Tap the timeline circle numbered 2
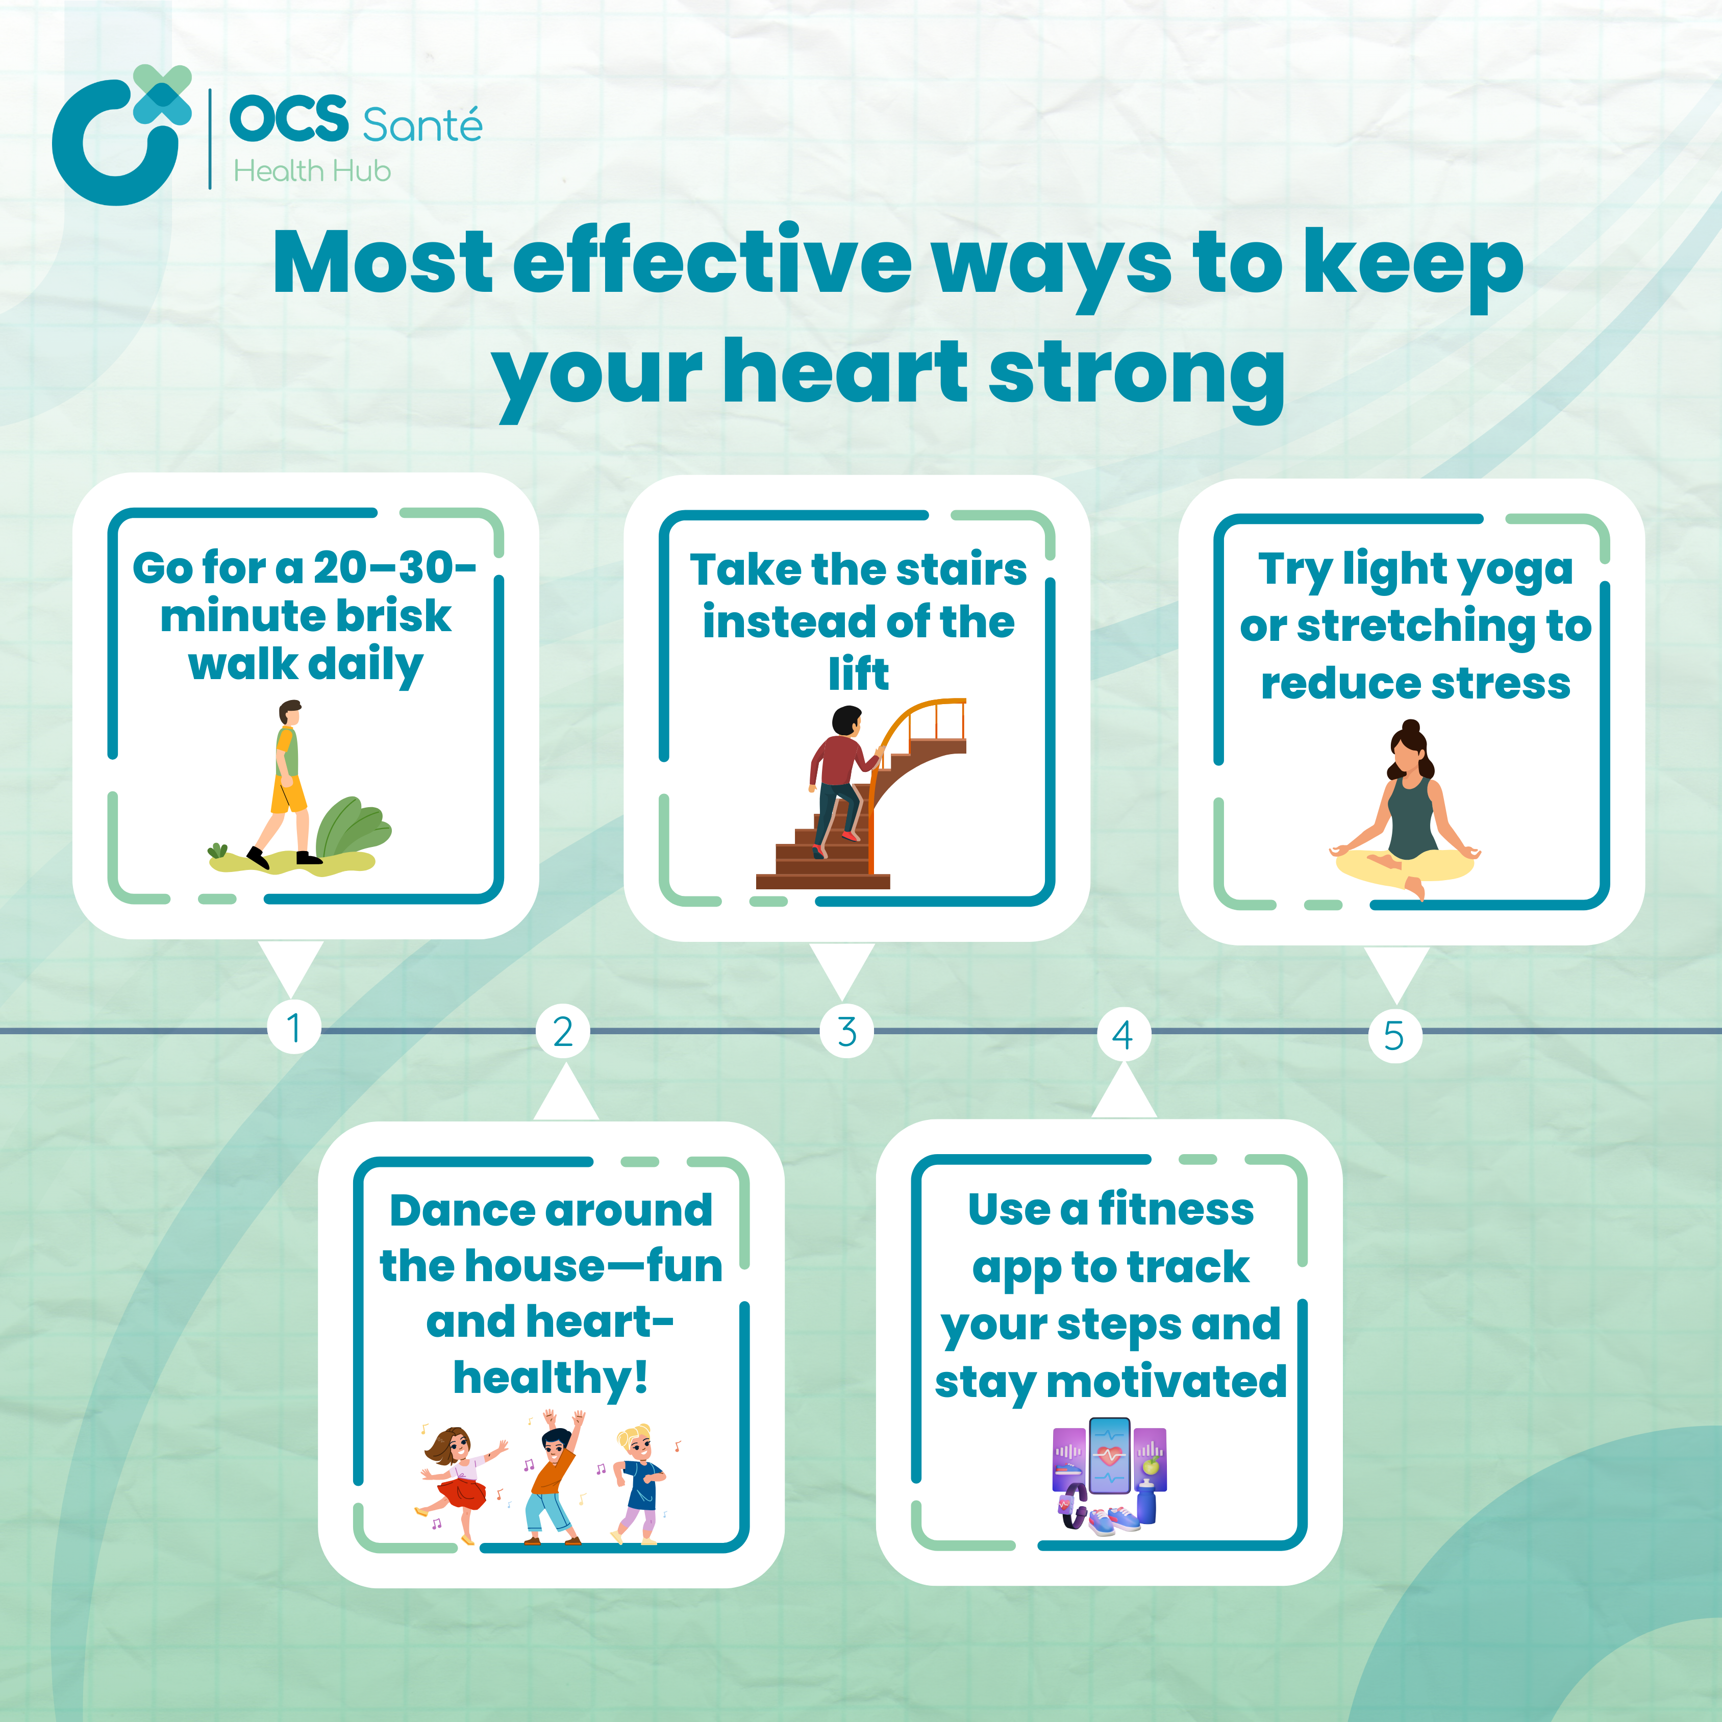point(562,1032)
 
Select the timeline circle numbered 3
point(847,1032)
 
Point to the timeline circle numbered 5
point(1395,1036)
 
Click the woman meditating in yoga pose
point(1406,811)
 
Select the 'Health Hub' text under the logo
point(312,170)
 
